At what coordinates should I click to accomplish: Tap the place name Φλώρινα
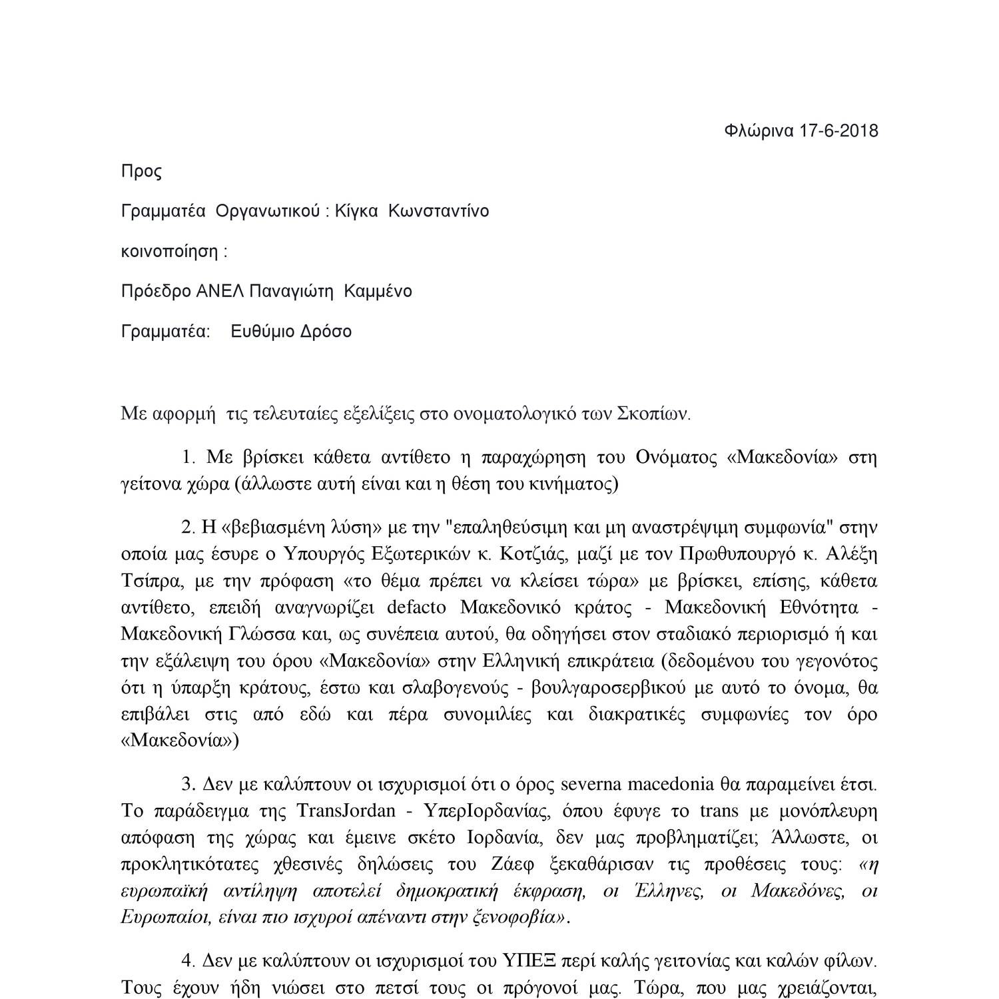[759, 131]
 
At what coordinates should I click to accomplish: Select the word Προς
[141, 171]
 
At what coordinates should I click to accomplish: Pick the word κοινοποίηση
[169, 251]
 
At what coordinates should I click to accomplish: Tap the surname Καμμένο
[378, 291]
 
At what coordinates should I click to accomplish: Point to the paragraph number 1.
[188, 457]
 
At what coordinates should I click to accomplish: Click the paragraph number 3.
[188, 784]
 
